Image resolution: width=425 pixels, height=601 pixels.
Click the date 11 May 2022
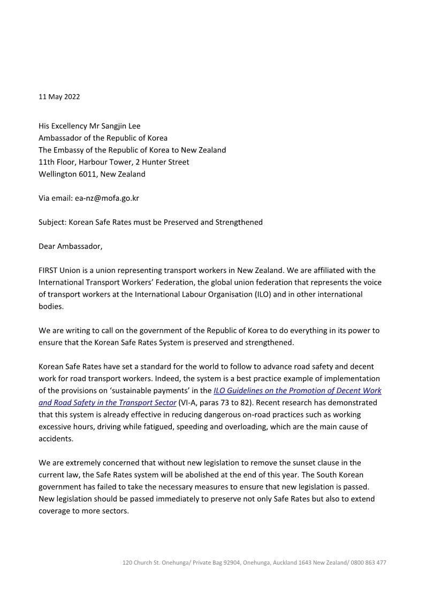coord(59,97)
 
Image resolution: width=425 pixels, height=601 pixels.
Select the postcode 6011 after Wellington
coord(89,174)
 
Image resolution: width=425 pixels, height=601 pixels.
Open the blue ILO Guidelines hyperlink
coord(297,391)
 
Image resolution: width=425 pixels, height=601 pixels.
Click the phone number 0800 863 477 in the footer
coord(369,562)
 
